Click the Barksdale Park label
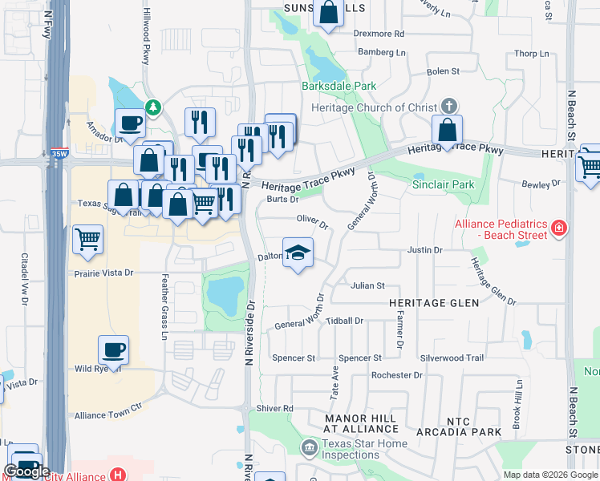click(x=339, y=86)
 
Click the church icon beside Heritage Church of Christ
click(x=449, y=106)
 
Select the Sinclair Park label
click(x=443, y=184)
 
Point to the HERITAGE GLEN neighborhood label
click(x=434, y=303)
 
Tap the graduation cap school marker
click(x=298, y=253)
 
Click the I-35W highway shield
click(x=59, y=152)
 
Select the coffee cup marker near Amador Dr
click(x=130, y=123)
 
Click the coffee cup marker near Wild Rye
click(x=112, y=350)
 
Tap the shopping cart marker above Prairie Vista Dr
click(x=87, y=238)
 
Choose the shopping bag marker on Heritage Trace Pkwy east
click(x=448, y=130)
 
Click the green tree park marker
click(x=152, y=107)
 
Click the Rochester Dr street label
click(x=396, y=375)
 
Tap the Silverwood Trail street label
click(x=452, y=358)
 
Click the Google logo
click(x=27, y=471)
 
